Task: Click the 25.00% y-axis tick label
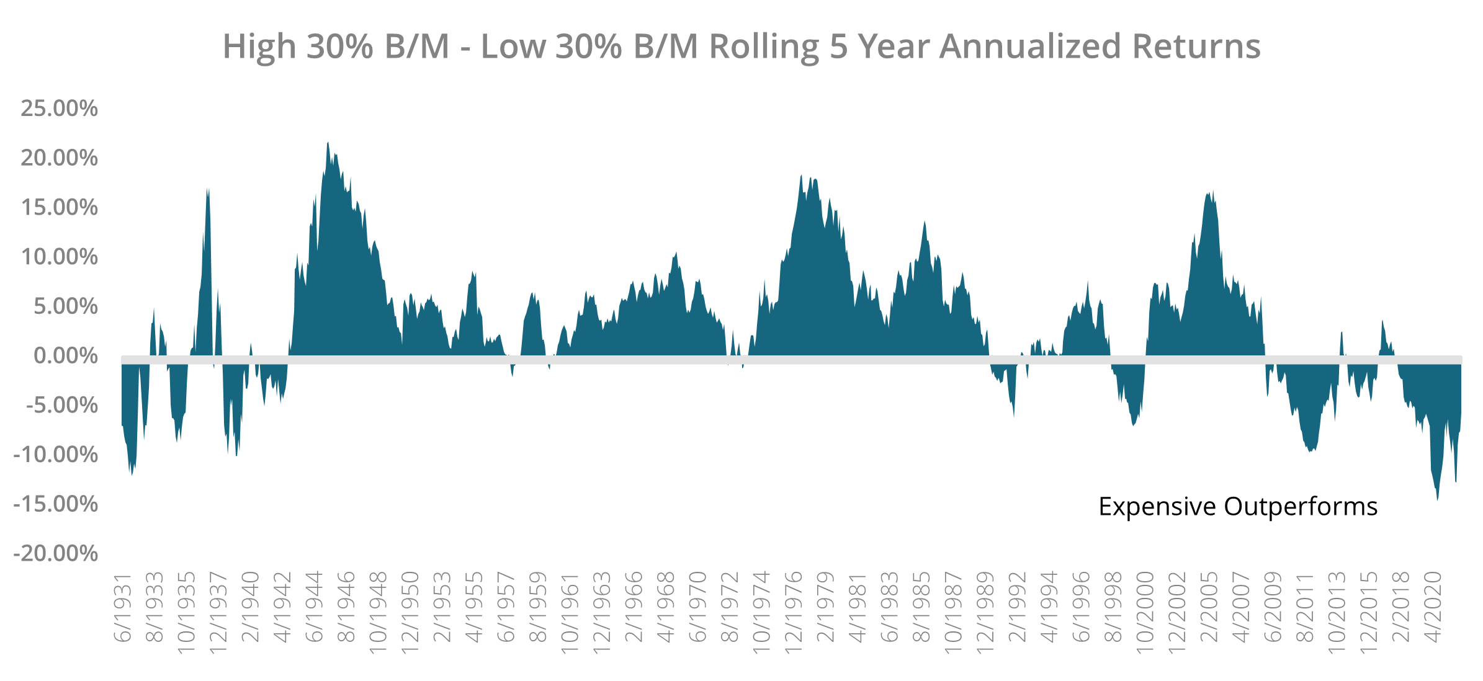[x=59, y=109]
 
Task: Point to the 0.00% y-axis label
[x=65, y=356]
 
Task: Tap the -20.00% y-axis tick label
[x=56, y=553]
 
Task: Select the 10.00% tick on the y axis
[x=59, y=257]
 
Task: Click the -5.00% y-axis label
[x=61, y=406]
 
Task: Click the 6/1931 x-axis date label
[x=123, y=608]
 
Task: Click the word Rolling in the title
[x=764, y=47]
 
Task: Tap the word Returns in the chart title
[x=1196, y=47]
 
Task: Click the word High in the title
[x=259, y=47]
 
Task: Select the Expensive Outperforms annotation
[x=1238, y=507]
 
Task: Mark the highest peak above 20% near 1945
[x=328, y=143]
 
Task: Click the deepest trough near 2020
[x=1437, y=499]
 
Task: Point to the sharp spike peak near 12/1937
[x=208, y=190]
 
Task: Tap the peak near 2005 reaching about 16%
[x=1209, y=194]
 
